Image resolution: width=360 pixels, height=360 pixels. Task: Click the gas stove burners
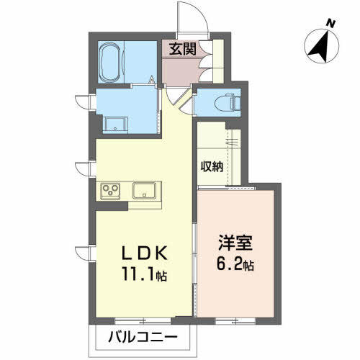[112, 190]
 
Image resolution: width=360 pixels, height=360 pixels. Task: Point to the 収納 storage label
[212, 166]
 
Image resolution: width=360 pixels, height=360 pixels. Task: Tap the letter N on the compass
[330, 23]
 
